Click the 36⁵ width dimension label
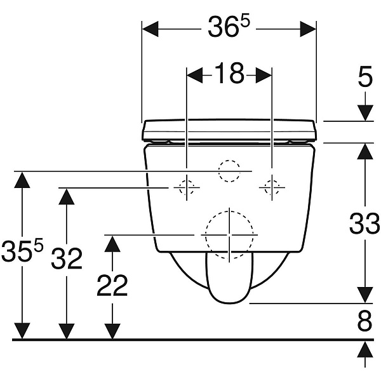(x=229, y=26)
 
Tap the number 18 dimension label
(x=229, y=73)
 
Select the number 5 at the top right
(x=365, y=76)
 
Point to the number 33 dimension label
(x=364, y=223)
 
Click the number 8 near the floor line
(x=364, y=321)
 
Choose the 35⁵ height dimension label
(x=22, y=250)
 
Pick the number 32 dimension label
(x=66, y=258)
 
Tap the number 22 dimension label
(x=112, y=285)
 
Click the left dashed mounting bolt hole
(x=187, y=187)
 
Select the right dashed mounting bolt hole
(x=272, y=187)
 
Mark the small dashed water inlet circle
(x=229, y=171)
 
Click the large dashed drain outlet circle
(x=229, y=235)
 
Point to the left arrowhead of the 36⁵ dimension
(x=150, y=29)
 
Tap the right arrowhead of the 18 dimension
(x=264, y=76)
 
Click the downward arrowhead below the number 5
(x=365, y=113)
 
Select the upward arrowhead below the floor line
(x=365, y=349)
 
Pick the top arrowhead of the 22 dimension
(x=112, y=244)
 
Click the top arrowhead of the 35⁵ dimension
(x=22, y=180)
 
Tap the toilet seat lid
(x=229, y=131)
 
